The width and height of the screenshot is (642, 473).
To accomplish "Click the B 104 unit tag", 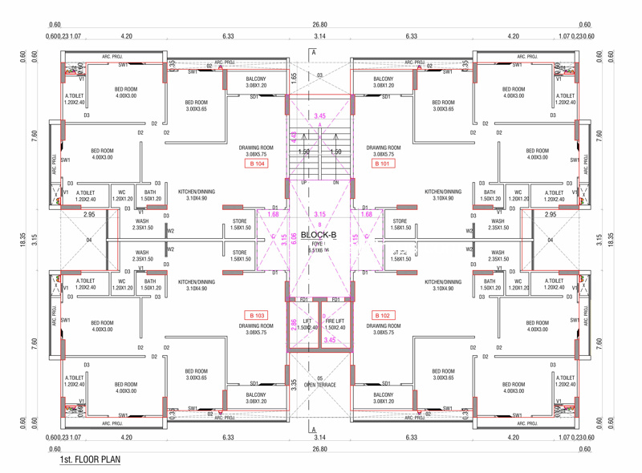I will coord(256,164).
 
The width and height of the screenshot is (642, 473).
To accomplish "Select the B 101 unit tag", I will coord(384,164).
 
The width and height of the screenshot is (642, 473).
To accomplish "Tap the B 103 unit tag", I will coord(256,316).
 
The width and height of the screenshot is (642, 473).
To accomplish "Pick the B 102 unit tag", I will coord(384,316).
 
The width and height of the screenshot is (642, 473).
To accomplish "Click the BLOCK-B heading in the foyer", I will coord(319,235).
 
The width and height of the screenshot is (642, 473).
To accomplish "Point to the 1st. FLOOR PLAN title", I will coord(90,461).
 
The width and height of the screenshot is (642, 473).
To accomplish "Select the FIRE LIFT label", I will coord(335,321).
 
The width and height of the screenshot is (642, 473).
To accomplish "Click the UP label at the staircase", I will coord(303,183).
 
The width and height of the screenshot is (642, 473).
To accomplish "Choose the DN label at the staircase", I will coord(336,183).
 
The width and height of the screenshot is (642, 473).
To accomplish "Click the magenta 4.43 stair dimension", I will coord(294,136).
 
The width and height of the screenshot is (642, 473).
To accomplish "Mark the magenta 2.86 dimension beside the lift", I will coord(294,324).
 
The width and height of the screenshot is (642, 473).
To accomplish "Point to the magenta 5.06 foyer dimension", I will coord(295,237).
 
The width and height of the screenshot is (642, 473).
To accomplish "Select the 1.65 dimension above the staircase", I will coord(295,77).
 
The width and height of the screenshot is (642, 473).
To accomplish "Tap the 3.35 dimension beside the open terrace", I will coord(295,384).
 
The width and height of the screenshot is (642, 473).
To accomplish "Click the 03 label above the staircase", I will coord(319,75).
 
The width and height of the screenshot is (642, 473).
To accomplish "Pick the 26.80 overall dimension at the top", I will coord(320,25).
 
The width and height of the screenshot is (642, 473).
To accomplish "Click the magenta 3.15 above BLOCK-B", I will coord(320,215).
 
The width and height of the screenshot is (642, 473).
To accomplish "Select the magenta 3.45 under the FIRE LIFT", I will coord(329,340).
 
